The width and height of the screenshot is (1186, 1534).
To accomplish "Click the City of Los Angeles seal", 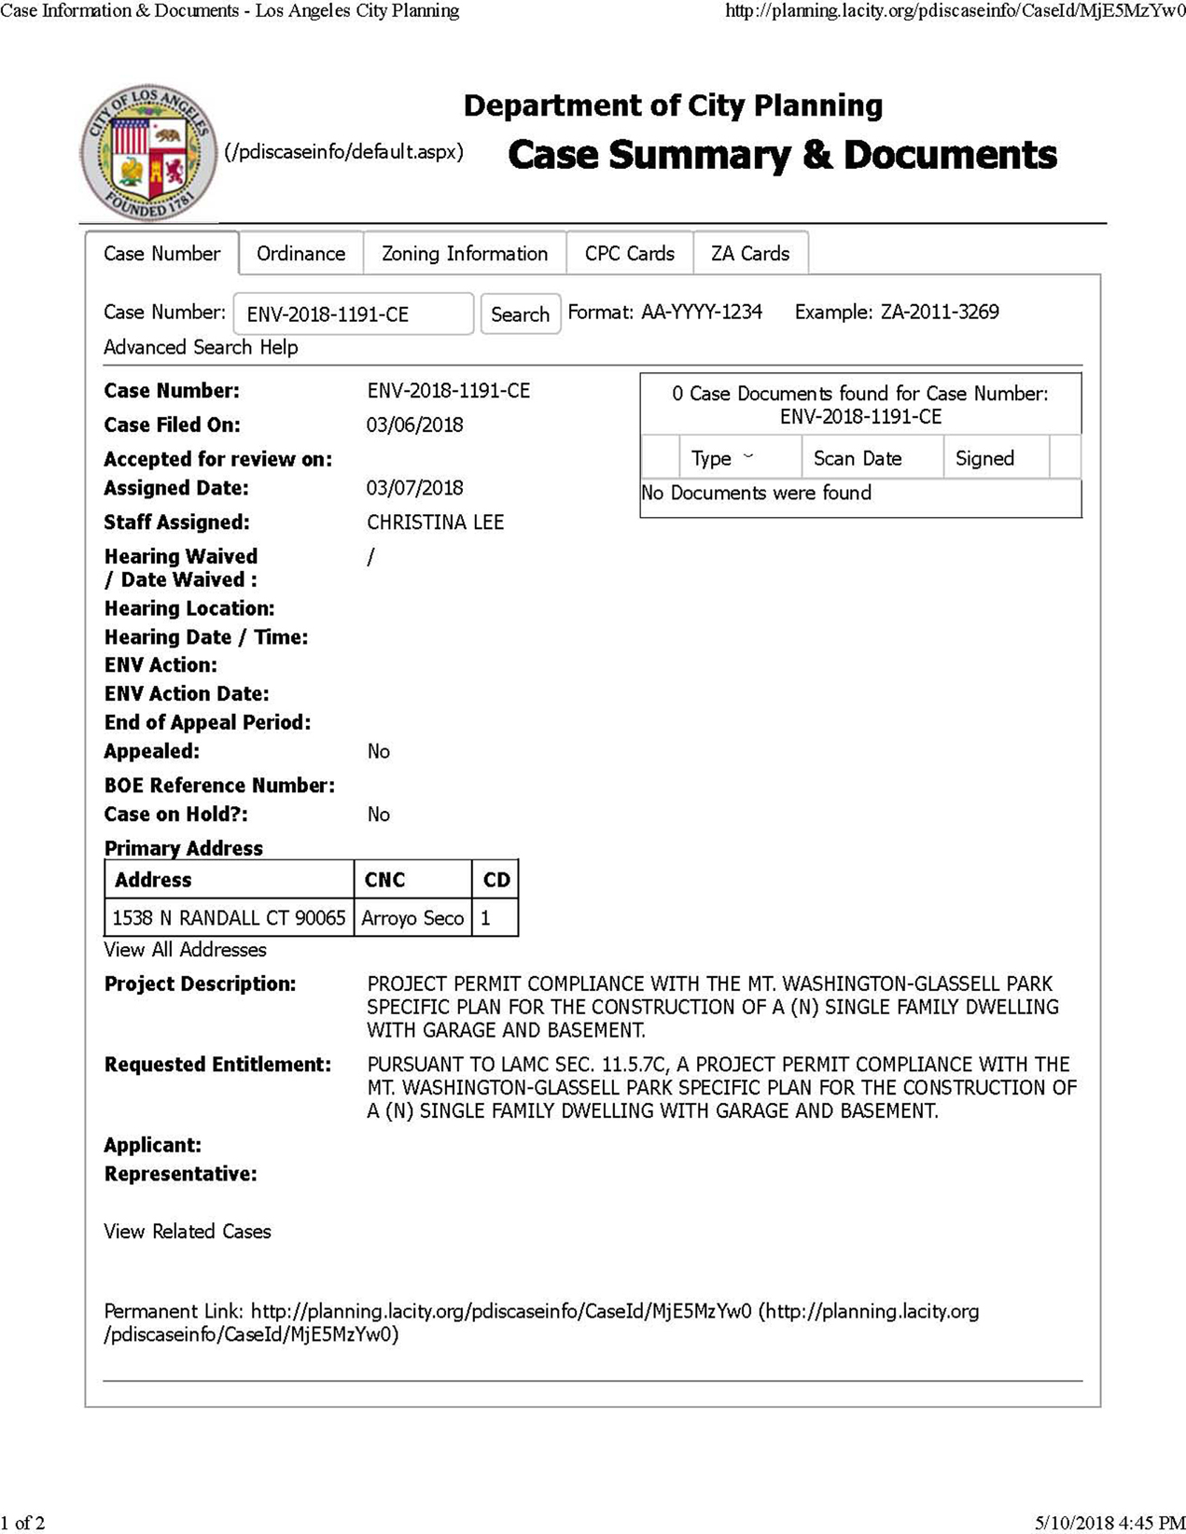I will tap(149, 152).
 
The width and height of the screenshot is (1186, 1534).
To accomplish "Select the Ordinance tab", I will tap(300, 254).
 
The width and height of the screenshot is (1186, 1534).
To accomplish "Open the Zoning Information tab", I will tap(465, 254).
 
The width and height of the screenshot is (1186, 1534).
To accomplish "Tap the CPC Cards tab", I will tap(630, 254).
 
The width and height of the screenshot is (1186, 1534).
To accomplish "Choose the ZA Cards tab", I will tap(750, 254).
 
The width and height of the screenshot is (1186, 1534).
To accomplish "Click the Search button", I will tap(520, 314).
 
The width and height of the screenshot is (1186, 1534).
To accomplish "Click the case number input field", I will tap(353, 314).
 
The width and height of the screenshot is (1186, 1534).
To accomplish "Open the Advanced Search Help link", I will tap(201, 347).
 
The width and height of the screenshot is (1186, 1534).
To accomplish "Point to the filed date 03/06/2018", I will tap(414, 425).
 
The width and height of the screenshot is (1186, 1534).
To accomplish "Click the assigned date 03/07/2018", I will tap(414, 488).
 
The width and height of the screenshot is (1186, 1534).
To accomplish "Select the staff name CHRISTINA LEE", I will tap(435, 523).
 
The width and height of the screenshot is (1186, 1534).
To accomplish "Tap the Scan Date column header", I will tap(858, 458).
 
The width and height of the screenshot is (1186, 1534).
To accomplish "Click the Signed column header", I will tap(984, 458).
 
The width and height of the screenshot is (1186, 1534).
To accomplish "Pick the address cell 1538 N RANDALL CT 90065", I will tap(229, 918).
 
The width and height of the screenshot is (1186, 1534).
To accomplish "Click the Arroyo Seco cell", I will tap(412, 918).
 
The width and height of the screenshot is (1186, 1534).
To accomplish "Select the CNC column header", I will tap(384, 880).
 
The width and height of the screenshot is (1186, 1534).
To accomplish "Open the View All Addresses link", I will tap(185, 950).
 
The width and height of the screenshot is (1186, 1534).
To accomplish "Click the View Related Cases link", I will tap(188, 1232).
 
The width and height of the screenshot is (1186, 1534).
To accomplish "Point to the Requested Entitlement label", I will tap(217, 1065).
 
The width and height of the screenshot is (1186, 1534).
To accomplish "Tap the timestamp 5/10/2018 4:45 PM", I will tap(1109, 1523).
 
